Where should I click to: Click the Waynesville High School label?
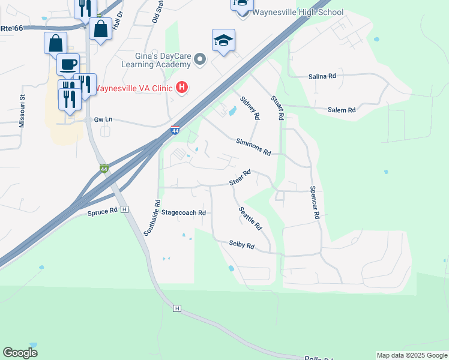(298, 12)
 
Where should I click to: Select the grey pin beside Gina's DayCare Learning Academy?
(200, 59)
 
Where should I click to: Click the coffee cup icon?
(67, 64)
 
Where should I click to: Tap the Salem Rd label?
(342, 110)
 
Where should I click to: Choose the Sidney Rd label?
(250, 107)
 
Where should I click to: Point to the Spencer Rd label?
(313, 202)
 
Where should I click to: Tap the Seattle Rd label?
(250, 219)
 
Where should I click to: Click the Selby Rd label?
(241, 245)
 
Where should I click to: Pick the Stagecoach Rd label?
(184, 212)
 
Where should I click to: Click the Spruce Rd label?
(102, 212)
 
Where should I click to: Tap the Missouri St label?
(22, 110)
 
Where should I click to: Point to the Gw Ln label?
(103, 119)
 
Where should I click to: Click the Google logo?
(20, 353)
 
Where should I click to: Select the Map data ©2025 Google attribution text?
(411, 355)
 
